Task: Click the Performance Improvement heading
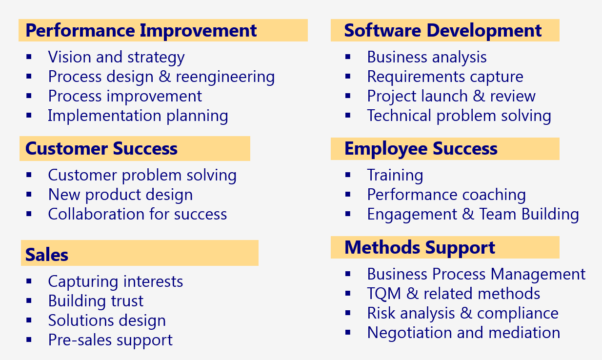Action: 141,31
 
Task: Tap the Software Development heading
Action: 443,31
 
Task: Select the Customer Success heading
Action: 101,148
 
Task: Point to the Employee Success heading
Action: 421,149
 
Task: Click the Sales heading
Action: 47,255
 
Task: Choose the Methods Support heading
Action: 420,248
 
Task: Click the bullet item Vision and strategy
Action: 117,57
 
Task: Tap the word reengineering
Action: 225,77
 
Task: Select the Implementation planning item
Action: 138,116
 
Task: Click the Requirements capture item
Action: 445,77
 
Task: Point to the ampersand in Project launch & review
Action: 479,96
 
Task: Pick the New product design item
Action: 120,195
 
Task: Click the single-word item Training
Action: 395,176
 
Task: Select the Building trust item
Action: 96,301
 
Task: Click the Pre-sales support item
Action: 110,340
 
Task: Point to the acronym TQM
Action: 384,293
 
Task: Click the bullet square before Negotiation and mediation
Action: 348,333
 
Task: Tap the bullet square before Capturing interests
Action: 29,281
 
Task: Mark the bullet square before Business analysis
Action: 348,57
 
